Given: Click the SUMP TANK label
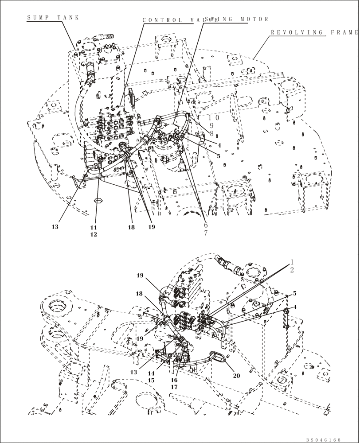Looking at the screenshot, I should pyautogui.click(x=53, y=17).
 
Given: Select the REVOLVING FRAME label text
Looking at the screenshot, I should pyautogui.click(x=314, y=33).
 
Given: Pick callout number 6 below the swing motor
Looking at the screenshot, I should pyautogui.click(x=205, y=225).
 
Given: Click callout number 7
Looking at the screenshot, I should pyautogui.click(x=205, y=233).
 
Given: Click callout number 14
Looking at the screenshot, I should pyautogui.click(x=151, y=373).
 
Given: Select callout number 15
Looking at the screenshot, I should pyautogui.click(x=151, y=381).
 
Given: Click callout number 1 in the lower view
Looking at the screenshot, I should pyautogui.click(x=293, y=261).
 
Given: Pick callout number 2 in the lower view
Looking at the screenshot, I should pyautogui.click(x=293, y=269).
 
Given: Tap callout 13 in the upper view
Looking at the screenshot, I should pyautogui.click(x=55, y=227).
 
